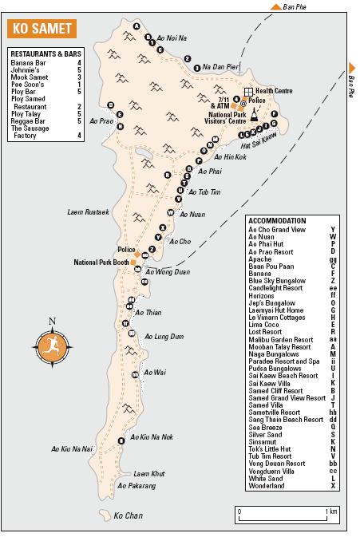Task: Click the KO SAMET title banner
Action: click(x=40, y=30)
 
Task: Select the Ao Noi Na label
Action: click(x=171, y=38)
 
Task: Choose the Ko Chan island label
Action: click(x=127, y=516)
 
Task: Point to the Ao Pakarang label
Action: click(x=136, y=485)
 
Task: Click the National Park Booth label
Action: click(x=102, y=262)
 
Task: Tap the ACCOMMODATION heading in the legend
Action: click(x=277, y=221)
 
